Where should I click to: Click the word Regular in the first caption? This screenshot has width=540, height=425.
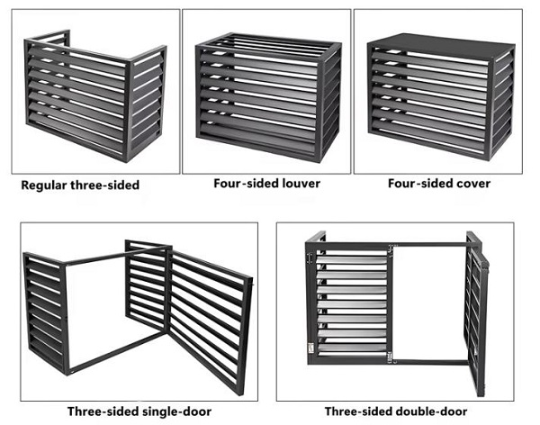pyautogui.click(x=44, y=185)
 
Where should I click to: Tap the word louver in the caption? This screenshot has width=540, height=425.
pyautogui.click(x=301, y=184)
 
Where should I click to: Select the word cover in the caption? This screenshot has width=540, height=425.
pyautogui.click(x=473, y=184)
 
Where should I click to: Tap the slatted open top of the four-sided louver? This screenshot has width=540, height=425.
pyautogui.click(x=268, y=42)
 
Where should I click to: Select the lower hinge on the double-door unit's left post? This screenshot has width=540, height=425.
pyautogui.click(x=311, y=348)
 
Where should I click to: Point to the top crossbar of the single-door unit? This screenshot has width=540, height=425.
pyautogui.click(x=116, y=255)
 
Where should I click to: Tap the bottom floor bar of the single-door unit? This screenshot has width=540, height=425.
pyautogui.click(x=117, y=352)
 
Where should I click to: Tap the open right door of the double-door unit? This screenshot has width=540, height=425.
pyautogui.click(x=477, y=313)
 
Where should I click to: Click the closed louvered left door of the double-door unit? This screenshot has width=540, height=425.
pyautogui.click(x=350, y=303)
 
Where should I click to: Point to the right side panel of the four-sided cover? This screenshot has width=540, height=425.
pyautogui.click(x=503, y=104)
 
